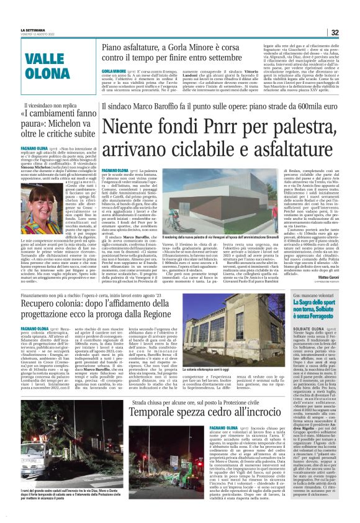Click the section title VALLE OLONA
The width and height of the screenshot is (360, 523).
pyautogui.click(x=48, y=65)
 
